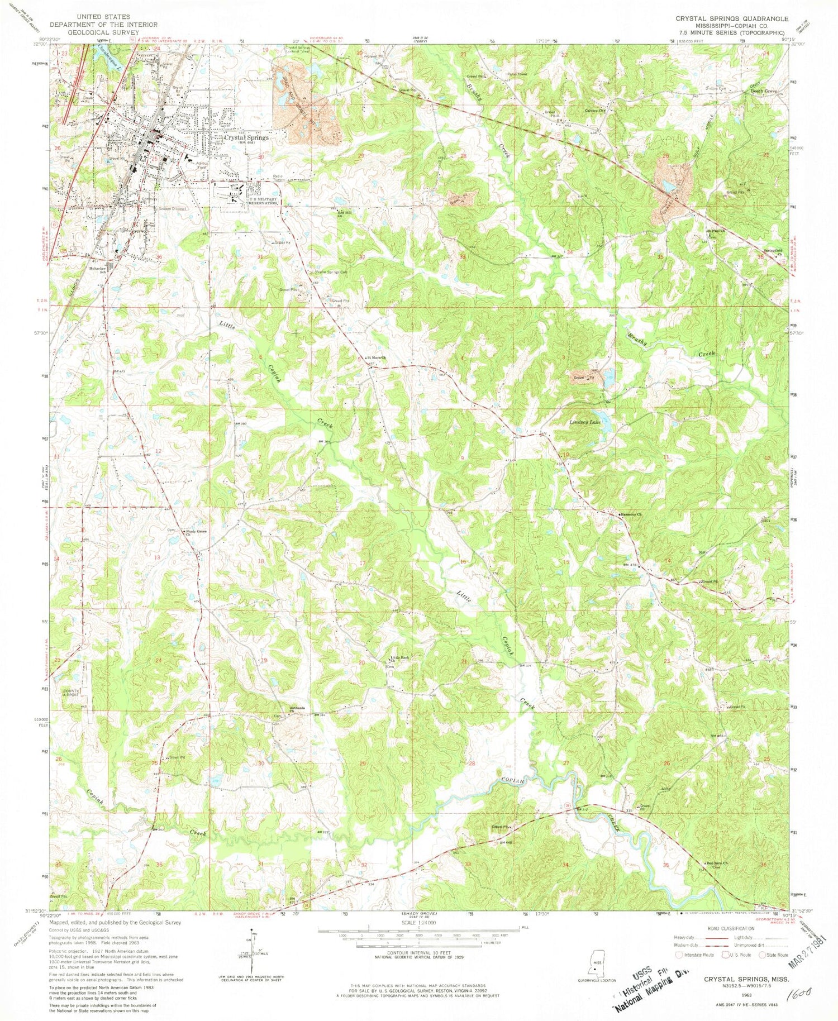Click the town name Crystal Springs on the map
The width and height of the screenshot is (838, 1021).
pos(246,137)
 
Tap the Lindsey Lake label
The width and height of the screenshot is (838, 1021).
pos(585,422)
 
